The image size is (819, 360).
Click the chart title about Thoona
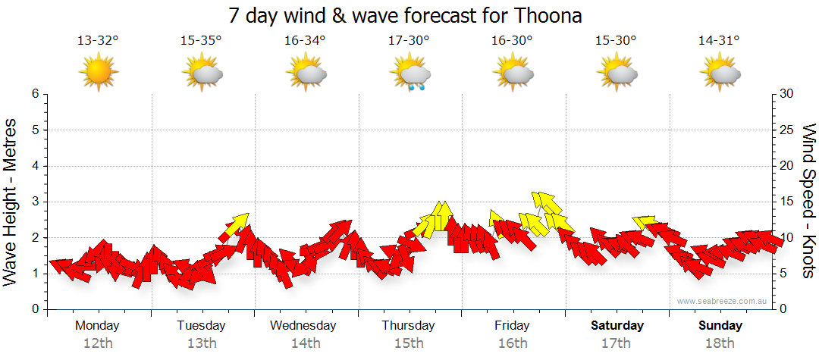tap(409, 15)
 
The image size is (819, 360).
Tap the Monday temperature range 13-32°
tap(98, 41)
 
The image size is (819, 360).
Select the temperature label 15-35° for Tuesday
tap(201, 41)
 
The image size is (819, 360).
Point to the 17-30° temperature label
tap(409, 41)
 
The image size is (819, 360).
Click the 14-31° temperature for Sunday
tap(719, 41)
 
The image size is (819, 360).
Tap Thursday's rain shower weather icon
tap(409, 74)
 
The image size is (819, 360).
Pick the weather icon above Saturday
tap(616, 73)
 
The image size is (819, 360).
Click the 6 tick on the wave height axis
tap(35, 94)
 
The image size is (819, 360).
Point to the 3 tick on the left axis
tap(35, 202)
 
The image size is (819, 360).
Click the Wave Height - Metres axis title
tap(11, 202)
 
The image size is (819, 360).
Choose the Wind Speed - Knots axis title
tap(808, 202)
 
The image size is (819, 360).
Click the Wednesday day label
tap(303, 326)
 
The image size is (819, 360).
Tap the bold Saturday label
tap(617, 326)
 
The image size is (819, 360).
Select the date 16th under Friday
tap(513, 343)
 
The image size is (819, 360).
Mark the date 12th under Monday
tap(98, 343)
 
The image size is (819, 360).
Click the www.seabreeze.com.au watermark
tap(724, 301)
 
